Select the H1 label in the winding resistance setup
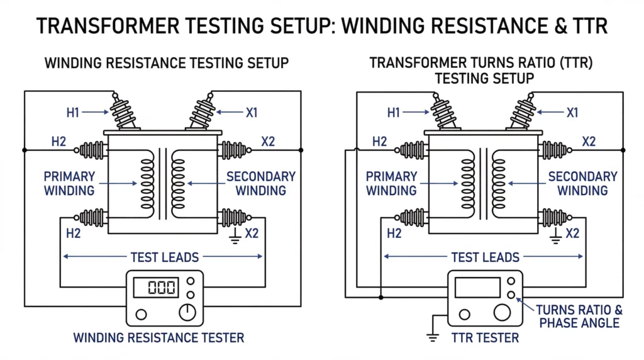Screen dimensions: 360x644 pos(74,113)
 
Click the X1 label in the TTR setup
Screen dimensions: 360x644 pos(572,113)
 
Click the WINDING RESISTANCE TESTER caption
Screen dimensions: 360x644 pos(158,338)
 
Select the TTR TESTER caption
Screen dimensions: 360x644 pos(485,338)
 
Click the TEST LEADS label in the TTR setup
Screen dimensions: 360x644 pos(485,257)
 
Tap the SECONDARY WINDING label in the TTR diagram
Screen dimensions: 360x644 pos(583,183)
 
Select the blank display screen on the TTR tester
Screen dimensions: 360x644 pos(477,287)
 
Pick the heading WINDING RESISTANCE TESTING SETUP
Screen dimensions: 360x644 pos(167,63)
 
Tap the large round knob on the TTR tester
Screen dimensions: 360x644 pos(501,312)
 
